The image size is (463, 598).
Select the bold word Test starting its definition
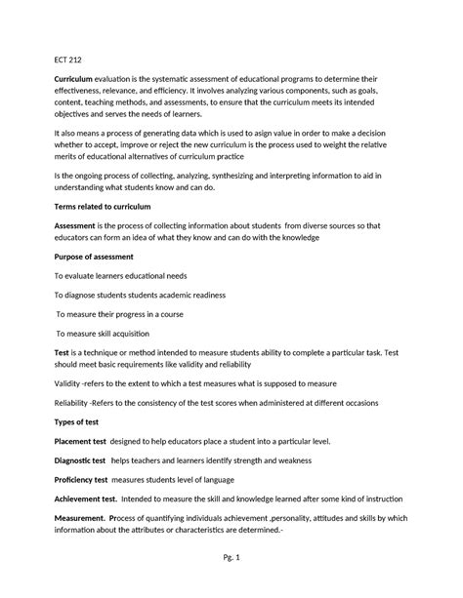click(62, 350)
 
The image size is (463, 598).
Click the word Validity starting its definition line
click(69, 382)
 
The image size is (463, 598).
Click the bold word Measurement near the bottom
click(79, 519)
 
